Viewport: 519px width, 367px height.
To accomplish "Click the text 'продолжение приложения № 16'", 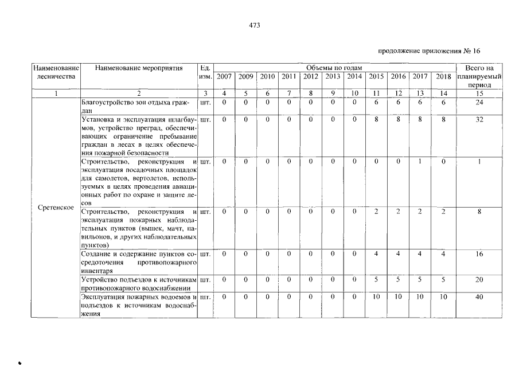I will click(x=429, y=51).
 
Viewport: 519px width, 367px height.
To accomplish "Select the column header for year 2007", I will click(x=224, y=77).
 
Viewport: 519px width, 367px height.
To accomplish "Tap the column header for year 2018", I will click(x=443, y=77).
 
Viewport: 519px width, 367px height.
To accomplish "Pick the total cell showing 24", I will click(x=479, y=103).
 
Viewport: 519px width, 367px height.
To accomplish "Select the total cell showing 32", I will click(x=479, y=120).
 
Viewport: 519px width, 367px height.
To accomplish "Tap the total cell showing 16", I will click(x=479, y=253).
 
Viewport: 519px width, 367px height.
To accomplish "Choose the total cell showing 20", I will click(x=479, y=279).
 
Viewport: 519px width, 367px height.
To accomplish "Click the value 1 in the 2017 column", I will click(x=420, y=162).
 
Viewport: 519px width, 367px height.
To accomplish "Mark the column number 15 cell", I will click(x=479, y=93).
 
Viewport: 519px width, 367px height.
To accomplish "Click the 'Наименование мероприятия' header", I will click(x=139, y=68).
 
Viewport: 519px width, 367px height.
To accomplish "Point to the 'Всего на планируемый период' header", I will click(x=479, y=76).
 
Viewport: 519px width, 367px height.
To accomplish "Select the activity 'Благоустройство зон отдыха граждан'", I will click(x=138, y=106).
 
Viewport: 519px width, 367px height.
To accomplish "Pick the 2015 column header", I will click(x=376, y=77).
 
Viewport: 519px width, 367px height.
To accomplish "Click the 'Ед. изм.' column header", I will click(x=205, y=72).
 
